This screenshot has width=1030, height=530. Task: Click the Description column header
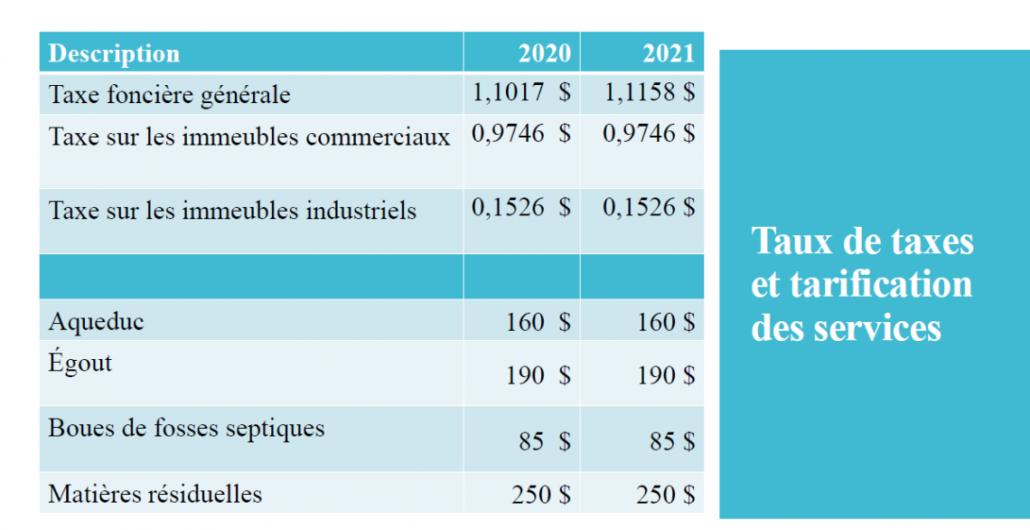click(114, 53)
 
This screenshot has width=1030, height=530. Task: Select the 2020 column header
click(544, 53)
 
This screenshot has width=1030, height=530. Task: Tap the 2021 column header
click(669, 53)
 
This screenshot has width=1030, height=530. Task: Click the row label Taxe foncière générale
click(169, 95)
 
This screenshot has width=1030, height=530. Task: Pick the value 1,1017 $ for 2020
click(521, 92)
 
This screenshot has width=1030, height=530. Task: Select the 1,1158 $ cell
click(648, 92)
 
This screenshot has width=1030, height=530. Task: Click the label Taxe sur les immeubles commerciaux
click(248, 137)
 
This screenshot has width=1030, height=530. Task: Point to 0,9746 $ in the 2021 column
click(648, 134)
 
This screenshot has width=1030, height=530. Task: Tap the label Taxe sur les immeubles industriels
click(232, 211)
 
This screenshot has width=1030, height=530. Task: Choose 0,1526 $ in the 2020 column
click(521, 208)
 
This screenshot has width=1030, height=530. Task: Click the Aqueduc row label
click(96, 322)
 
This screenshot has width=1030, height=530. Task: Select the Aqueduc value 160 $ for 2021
click(665, 323)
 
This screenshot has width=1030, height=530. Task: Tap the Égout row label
click(80, 364)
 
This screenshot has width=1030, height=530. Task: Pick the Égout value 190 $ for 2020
click(538, 375)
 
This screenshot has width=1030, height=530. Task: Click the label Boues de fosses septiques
click(186, 428)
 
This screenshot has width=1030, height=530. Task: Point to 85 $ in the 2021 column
click(672, 441)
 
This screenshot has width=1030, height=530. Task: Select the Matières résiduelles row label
click(155, 495)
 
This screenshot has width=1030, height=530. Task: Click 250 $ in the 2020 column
click(540, 495)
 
